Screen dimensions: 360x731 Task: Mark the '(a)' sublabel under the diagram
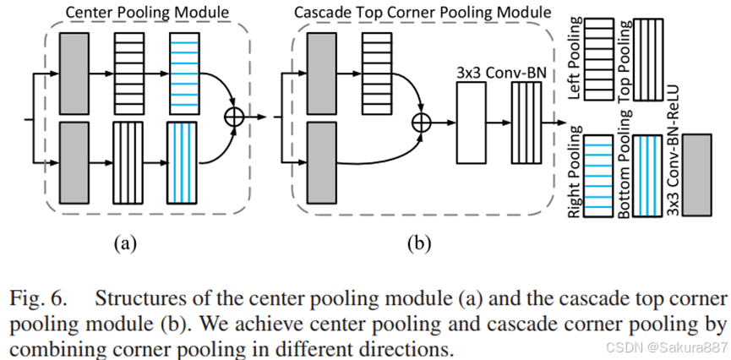[x=125, y=246]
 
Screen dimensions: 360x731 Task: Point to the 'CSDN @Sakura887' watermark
[x=672, y=347]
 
